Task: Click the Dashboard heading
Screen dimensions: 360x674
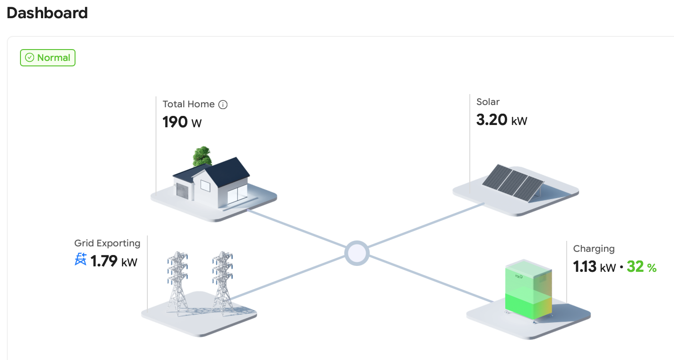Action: (x=47, y=13)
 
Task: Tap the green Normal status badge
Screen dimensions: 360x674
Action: (x=48, y=58)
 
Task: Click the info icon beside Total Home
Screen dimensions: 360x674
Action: (x=223, y=105)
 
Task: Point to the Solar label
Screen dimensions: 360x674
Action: (x=488, y=102)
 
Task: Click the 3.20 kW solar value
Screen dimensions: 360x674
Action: (x=502, y=120)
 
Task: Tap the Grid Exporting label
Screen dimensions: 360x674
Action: (x=107, y=243)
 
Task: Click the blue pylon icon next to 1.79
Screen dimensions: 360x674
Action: (x=80, y=260)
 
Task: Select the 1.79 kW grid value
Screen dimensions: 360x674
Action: (x=114, y=261)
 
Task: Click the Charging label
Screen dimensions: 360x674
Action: (x=594, y=249)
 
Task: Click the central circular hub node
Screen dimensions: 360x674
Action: (x=357, y=253)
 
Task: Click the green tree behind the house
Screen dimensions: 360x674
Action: (x=202, y=156)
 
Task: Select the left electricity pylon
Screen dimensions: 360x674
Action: (x=177, y=282)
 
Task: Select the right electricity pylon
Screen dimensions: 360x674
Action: (x=222, y=282)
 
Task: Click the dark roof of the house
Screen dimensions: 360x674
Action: (x=227, y=170)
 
